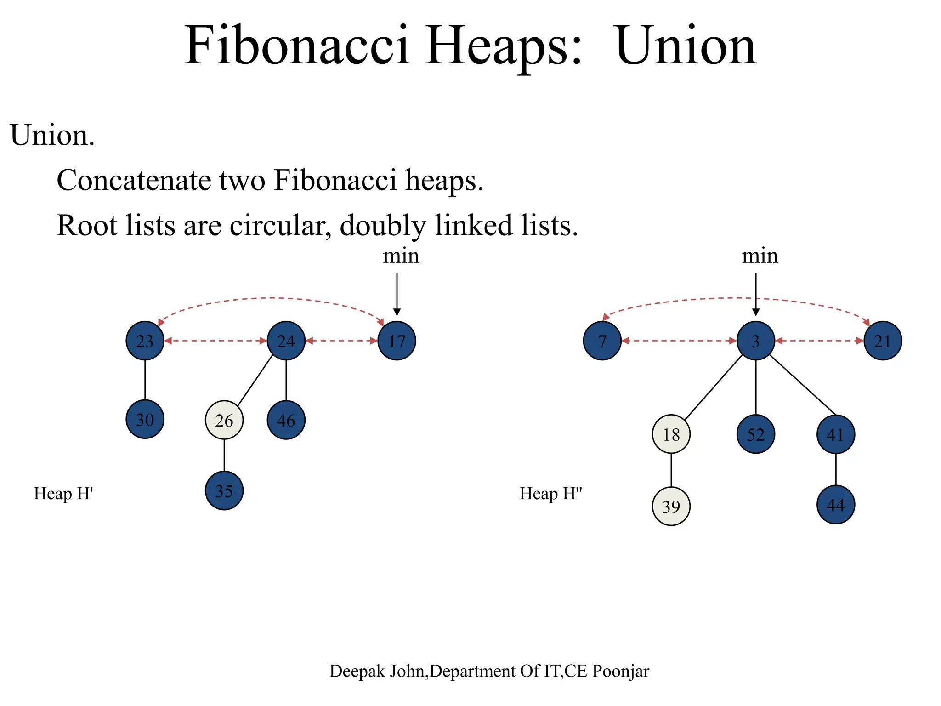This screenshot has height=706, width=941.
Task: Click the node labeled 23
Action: tap(145, 341)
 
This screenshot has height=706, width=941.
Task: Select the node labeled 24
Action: tap(286, 341)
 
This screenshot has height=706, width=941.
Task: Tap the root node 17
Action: tap(397, 341)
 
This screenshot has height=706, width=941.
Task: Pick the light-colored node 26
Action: tap(224, 420)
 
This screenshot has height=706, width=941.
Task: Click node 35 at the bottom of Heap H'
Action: tap(224, 491)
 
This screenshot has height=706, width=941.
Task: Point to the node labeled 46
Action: tap(286, 420)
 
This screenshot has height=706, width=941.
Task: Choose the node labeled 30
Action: tap(145, 419)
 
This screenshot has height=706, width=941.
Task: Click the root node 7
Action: tap(602, 341)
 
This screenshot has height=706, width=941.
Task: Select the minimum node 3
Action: tap(755, 341)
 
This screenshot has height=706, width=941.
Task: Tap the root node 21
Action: tap(883, 341)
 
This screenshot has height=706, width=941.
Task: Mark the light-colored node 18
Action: tap(671, 434)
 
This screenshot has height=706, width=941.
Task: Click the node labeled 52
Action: tap(755, 434)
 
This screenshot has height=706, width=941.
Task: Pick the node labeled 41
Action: tap(835, 434)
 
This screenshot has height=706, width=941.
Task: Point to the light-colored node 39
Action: tap(671, 506)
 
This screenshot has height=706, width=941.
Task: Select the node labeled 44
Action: tap(835, 505)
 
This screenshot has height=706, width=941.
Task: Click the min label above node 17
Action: tap(401, 256)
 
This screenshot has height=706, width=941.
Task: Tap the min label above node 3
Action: tap(760, 256)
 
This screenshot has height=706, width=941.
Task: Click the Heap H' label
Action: tap(63, 494)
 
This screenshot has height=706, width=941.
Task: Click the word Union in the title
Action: tap(686, 46)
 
